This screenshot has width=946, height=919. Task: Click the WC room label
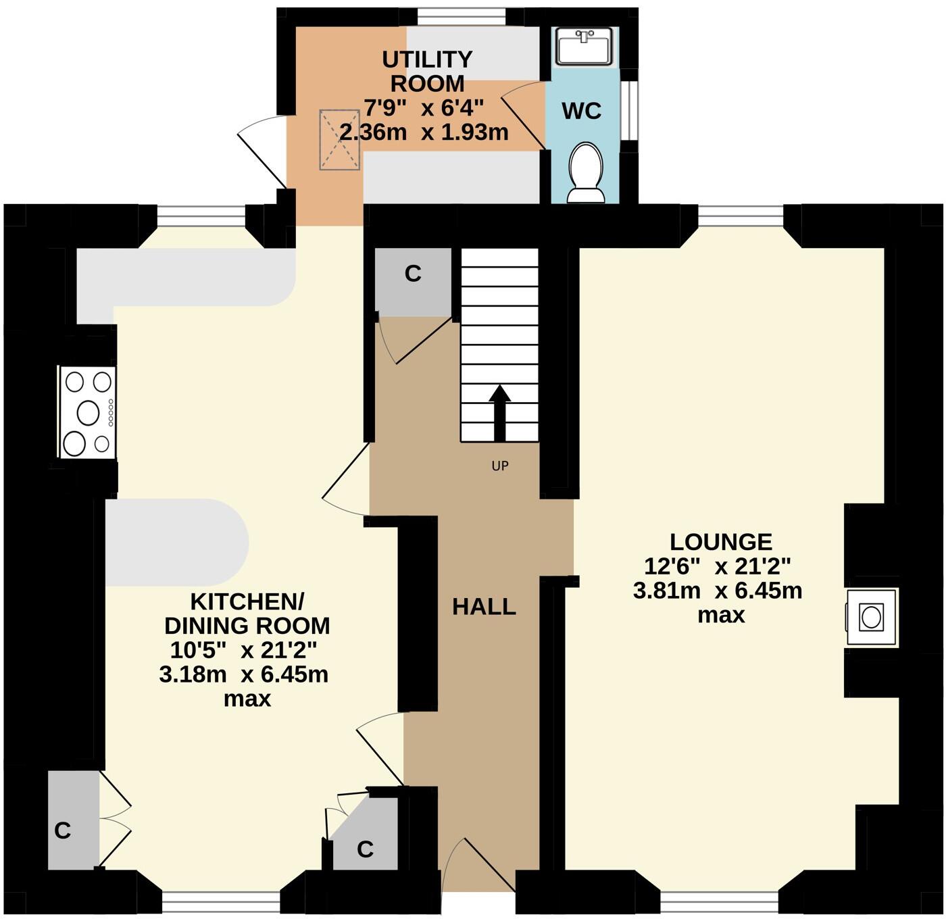click(x=582, y=111)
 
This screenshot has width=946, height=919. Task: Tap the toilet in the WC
click(x=586, y=174)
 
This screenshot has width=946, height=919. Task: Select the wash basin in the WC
click(x=584, y=46)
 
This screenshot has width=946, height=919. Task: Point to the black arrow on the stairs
click(x=499, y=412)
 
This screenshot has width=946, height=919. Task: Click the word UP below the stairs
click(x=499, y=466)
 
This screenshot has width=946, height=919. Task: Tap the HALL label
click(x=484, y=607)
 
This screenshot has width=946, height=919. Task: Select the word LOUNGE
click(x=720, y=542)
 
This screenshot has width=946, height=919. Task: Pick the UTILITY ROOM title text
click(x=427, y=71)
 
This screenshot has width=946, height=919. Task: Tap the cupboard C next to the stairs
click(x=413, y=274)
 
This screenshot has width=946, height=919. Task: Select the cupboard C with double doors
click(x=63, y=830)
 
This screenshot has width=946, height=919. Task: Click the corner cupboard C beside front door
click(x=366, y=848)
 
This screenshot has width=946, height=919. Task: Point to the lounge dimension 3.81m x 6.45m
click(x=718, y=591)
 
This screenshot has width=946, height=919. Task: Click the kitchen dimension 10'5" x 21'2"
click(x=243, y=650)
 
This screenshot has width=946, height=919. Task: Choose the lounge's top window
click(x=741, y=215)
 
